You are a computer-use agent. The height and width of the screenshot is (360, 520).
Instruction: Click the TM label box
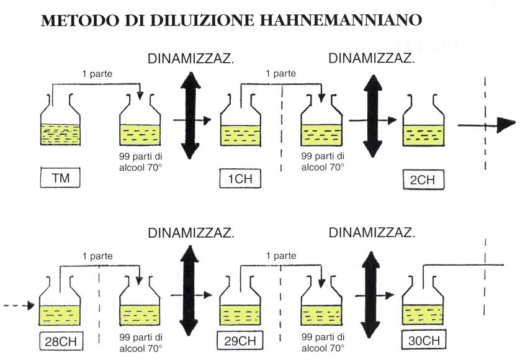(x=60, y=179)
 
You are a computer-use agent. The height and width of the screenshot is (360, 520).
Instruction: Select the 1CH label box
(x=240, y=179)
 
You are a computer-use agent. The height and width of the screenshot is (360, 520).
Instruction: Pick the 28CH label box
(x=60, y=341)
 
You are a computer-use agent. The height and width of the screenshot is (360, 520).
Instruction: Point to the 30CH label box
(x=423, y=341)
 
